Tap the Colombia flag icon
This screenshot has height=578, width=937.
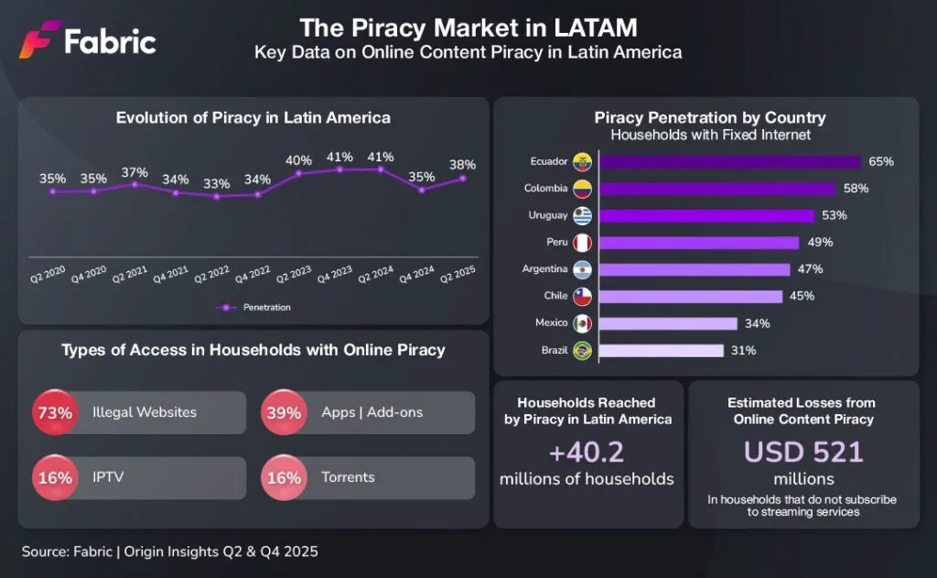pos(581,190)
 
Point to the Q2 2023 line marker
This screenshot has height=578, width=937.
pos(298,175)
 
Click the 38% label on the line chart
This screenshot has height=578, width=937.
pos(462,165)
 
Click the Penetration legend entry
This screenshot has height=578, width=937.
pos(260,307)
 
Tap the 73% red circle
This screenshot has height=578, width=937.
pos(55,412)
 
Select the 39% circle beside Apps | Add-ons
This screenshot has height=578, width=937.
pos(284,412)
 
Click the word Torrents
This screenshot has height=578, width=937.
pos(348,477)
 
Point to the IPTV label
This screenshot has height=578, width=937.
pos(108,477)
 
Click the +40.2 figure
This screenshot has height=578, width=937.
pos(587,452)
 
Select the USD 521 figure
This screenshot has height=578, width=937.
pos(803,452)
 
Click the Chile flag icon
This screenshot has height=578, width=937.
pos(581,297)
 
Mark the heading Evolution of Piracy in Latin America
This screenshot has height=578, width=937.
pos(253,117)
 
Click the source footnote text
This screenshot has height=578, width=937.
pos(170,551)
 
